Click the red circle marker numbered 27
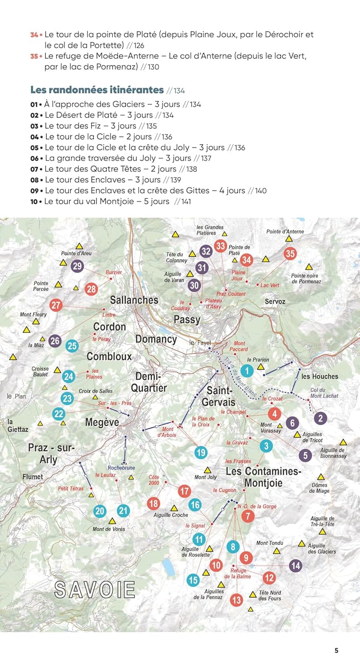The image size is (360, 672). coord(56,306)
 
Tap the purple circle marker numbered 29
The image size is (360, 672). coord(77,267)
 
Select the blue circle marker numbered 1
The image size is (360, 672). coord(247,370)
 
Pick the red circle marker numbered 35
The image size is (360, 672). coord(290,254)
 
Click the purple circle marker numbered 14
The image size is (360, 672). coord(296,565)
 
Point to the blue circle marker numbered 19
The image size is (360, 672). coord(201,452)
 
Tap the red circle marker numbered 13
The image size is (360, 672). coord(236,599)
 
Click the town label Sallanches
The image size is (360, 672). coord(134,300)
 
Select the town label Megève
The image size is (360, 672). coord(103,422)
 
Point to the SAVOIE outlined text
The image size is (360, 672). coord(94,589)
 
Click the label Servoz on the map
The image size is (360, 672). coord(275,302)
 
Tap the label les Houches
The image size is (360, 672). coord(320,376)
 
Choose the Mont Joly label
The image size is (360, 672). coord(206,477)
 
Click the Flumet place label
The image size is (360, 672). coord(33,477)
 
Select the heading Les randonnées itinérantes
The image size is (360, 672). coord(97,90)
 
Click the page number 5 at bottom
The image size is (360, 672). coord(336,651)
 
